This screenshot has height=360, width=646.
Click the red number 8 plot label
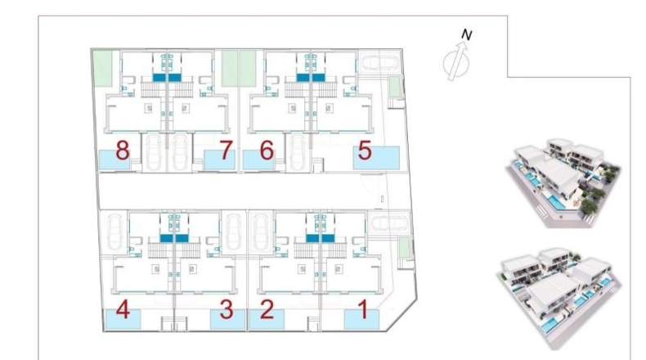(123, 150)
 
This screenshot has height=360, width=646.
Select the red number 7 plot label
(226, 150)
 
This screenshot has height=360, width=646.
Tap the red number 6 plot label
(267, 150)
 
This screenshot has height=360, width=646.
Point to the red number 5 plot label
(365, 150)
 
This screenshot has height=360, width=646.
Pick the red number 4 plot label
(123, 310)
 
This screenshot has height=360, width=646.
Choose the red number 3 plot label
(227, 310)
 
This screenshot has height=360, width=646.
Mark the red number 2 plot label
(267, 310)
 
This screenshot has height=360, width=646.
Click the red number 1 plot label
(363, 310)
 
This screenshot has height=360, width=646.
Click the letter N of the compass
(466, 35)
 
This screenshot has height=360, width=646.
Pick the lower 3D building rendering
(560, 298)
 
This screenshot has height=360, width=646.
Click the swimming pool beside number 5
(376, 158)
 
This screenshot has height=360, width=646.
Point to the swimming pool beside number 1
(361, 320)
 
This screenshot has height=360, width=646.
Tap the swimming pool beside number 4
(123, 319)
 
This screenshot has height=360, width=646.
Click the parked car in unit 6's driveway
(297, 152)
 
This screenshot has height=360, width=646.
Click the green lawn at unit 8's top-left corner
(102, 69)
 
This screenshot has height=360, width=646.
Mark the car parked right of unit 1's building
(389, 223)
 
